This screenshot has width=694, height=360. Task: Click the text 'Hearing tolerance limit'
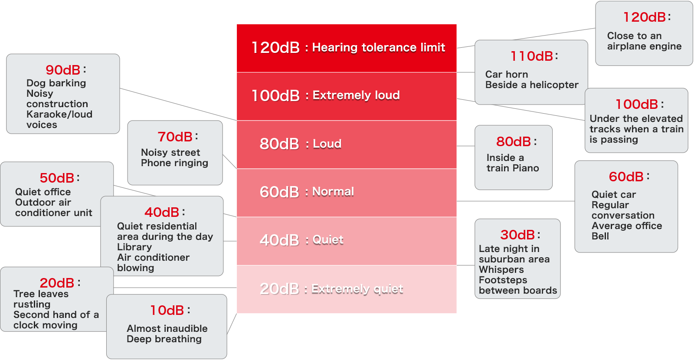pyautogui.click(x=378, y=47)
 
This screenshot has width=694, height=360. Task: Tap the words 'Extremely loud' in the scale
pyautogui.click(x=356, y=95)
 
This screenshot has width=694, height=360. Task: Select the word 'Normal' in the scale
pyautogui.click(x=333, y=191)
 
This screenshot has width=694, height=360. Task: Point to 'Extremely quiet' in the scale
pyautogui.click(x=357, y=289)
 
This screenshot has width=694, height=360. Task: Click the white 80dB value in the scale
pyautogui.click(x=279, y=144)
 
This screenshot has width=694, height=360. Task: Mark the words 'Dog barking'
pyautogui.click(x=56, y=83)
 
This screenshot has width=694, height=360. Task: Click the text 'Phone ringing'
pyautogui.click(x=174, y=163)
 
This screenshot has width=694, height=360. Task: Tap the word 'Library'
pyautogui.click(x=134, y=247)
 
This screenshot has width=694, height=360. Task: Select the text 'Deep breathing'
pyautogui.click(x=164, y=339)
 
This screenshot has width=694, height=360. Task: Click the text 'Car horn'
pyautogui.click(x=507, y=74)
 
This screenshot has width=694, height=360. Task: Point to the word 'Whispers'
pyautogui.click(x=501, y=269)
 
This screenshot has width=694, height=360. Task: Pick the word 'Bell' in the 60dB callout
pyautogui.click(x=600, y=236)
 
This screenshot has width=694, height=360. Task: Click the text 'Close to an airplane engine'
pyautogui.click(x=644, y=41)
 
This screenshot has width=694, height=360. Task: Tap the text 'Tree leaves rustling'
pyautogui.click(x=41, y=299)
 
